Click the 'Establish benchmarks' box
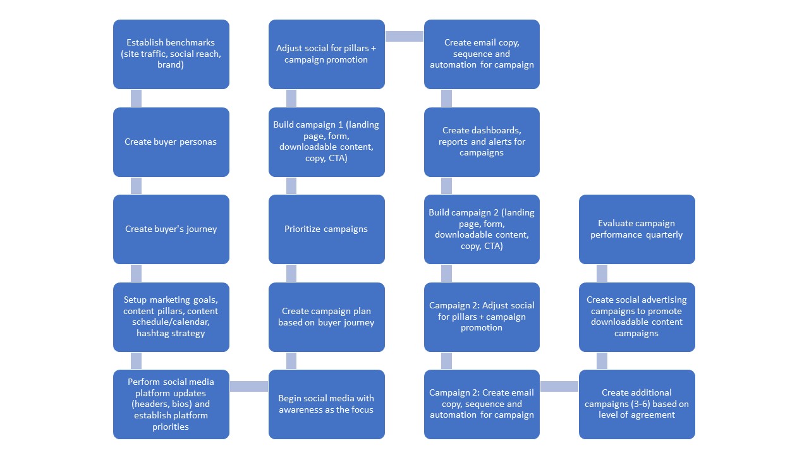pyautogui.click(x=171, y=54)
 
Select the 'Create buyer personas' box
pyautogui.click(x=171, y=142)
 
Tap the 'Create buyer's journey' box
pyautogui.click(x=171, y=229)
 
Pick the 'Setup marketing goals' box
pyautogui.click(x=171, y=317)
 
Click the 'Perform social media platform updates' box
pyautogui.click(x=171, y=404)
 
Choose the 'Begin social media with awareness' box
pyautogui.click(x=326, y=404)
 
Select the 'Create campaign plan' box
pyautogui.click(x=326, y=317)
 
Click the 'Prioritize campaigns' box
pyautogui.click(x=326, y=229)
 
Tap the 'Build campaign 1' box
pyautogui.click(x=326, y=142)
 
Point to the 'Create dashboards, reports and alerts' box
pyautogui.click(x=482, y=142)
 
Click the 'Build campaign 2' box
pyautogui.click(x=482, y=229)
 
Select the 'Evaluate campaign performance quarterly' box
pyautogui.click(x=636, y=229)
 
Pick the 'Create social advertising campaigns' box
pyautogui.click(x=636, y=317)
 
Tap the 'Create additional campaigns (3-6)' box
pyautogui.click(x=636, y=404)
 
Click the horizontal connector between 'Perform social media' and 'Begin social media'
pyautogui.click(x=248, y=386)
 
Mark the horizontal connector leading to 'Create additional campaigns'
pyautogui.click(x=559, y=386)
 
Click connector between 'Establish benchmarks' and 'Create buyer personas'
pyautogui.click(x=136, y=98)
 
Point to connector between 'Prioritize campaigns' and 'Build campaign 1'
pyautogui.click(x=291, y=186)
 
